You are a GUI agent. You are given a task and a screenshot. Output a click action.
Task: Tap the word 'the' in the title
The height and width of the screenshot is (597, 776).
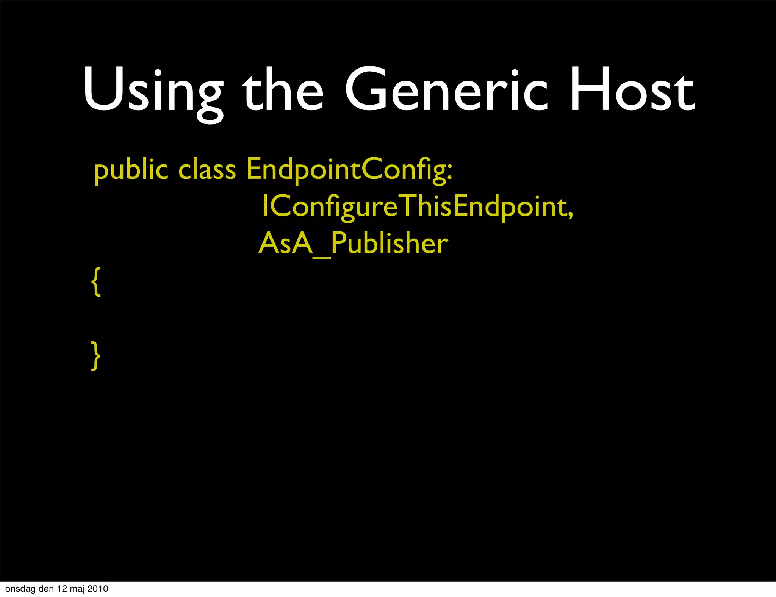click(282, 91)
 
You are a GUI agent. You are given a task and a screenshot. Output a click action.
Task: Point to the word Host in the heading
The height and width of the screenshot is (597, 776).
click(632, 91)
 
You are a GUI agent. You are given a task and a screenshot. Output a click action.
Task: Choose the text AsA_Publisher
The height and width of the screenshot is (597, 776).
click(353, 244)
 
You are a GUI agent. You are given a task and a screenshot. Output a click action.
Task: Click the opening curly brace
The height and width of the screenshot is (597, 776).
click(96, 281)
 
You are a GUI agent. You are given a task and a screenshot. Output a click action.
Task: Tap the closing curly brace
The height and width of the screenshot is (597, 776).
click(96, 355)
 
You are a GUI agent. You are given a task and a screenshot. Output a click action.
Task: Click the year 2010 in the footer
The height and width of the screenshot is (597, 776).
click(98, 589)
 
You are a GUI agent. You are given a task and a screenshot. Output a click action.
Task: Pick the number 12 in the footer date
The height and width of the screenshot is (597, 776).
click(62, 589)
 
